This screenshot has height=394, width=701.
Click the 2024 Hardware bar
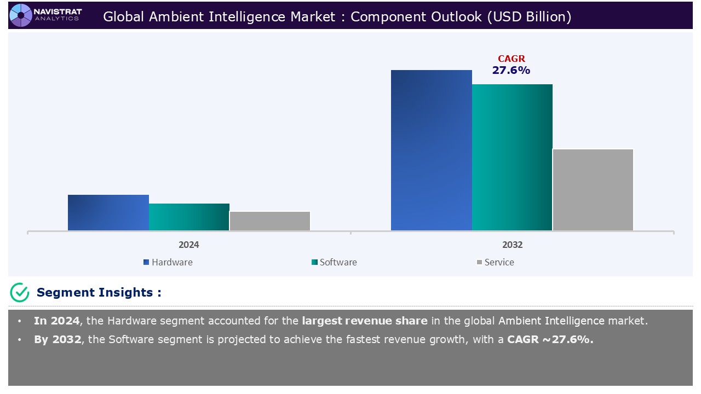click(108, 212)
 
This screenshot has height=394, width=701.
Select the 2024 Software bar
click(189, 217)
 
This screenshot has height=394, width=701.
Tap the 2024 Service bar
click(270, 221)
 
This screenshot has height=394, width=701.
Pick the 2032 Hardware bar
click(432, 150)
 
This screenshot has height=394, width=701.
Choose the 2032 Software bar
click(512, 157)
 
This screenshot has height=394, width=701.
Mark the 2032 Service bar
click(593, 189)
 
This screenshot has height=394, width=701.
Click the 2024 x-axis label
click(189, 245)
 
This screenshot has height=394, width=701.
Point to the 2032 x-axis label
click(512, 245)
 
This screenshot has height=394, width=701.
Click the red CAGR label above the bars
click(511, 59)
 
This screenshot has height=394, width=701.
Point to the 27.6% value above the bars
click(511, 70)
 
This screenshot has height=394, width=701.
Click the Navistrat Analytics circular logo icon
click(21, 15)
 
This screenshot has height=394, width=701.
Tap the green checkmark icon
click(20, 293)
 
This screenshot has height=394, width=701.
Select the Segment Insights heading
click(99, 293)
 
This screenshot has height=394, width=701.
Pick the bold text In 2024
click(56, 321)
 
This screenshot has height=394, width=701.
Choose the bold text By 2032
click(57, 339)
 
